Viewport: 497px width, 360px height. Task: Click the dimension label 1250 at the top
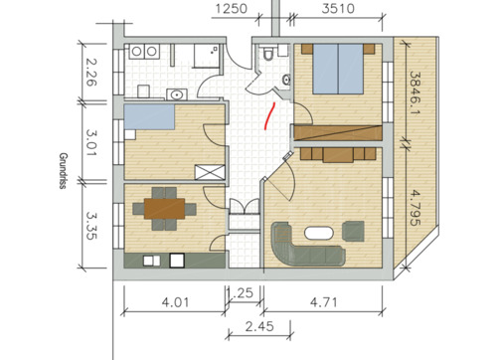(x=232, y=11)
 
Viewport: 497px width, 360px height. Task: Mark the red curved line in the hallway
(x=267, y=115)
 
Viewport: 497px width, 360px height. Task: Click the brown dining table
(x=163, y=208)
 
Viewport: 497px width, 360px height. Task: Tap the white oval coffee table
(x=320, y=234)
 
